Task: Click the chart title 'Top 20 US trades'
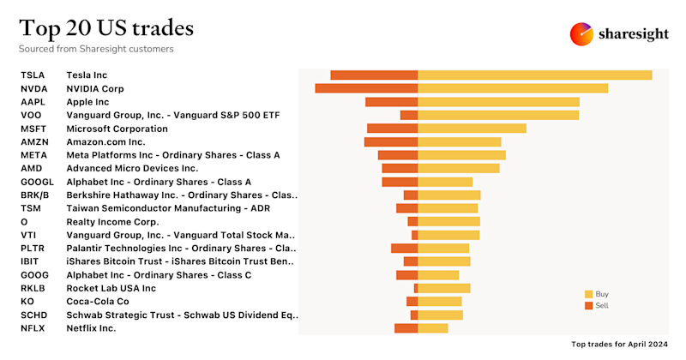tap(106, 27)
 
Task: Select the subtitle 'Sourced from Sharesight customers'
tap(97, 49)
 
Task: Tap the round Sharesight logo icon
tap(582, 34)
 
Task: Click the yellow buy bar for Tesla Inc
tap(534, 75)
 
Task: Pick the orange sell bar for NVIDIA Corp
tap(366, 88)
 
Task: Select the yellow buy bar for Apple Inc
tap(498, 102)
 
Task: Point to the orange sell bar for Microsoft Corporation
tap(392, 129)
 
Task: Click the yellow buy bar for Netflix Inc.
tap(432, 327)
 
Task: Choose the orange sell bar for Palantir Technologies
tap(404, 248)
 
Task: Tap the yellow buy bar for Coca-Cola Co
tap(439, 301)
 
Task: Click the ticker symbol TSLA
tap(33, 75)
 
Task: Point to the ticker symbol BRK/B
tap(35, 195)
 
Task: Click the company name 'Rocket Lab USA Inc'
tap(111, 288)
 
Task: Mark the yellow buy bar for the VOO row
tap(498, 115)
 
